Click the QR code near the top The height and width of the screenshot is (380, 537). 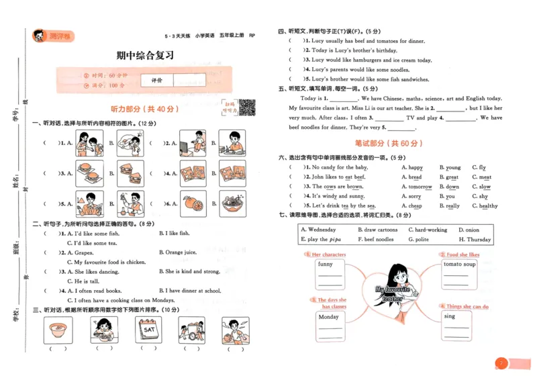pyautogui.click(x=246, y=106)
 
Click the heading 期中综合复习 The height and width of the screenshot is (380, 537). pyautogui.click(x=144, y=55)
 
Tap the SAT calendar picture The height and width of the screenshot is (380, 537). pyautogui.click(x=148, y=330)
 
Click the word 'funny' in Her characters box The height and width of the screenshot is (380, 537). pyautogui.click(x=326, y=264)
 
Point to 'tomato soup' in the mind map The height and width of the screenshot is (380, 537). pyautogui.click(x=459, y=264)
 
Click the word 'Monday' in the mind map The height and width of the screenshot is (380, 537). pyautogui.click(x=328, y=317)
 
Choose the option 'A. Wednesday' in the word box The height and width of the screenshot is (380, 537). pyautogui.click(x=318, y=230)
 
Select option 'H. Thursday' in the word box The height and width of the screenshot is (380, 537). pyautogui.click(x=475, y=240)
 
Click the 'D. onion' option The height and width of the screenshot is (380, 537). pyautogui.click(x=469, y=230)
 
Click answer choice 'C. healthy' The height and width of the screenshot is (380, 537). pyautogui.click(x=485, y=206)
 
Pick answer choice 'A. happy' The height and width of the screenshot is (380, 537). pyautogui.click(x=412, y=167)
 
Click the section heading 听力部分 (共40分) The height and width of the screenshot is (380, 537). pyautogui.click(x=145, y=109)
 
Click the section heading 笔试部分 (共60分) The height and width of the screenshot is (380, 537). pyautogui.click(x=389, y=144)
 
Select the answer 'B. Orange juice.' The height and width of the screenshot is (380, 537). pyautogui.click(x=178, y=252)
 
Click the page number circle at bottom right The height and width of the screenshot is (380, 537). pyautogui.click(x=499, y=363)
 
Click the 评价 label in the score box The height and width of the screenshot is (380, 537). pyautogui.click(x=157, y=80)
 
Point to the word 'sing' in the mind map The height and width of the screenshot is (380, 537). pyautogui.click(x=450, y=316)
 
